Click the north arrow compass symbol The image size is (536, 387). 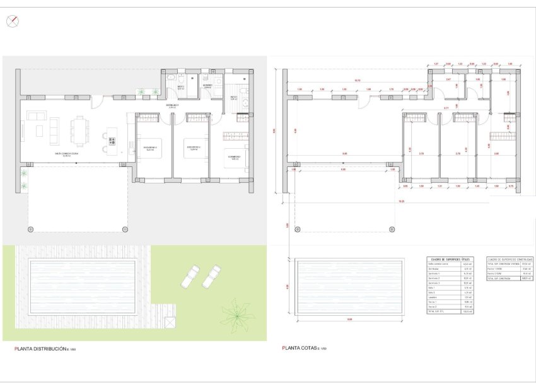(x=11, y=21)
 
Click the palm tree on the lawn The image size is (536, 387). (x=236, y=313)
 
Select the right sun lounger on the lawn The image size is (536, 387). (x=211, y=277)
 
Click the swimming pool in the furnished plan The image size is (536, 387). (x=82, y=287)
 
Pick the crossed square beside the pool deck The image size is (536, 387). (x=170, y=322)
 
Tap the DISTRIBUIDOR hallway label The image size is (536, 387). (x=172, y=107)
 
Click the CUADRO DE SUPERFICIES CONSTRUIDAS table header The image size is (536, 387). (x=510, y=259)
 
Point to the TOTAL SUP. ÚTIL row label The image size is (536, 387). (x=436, y=312)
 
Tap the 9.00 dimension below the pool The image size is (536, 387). (x=349, y=320)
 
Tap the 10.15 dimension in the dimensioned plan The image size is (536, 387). (x=357, y=81)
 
